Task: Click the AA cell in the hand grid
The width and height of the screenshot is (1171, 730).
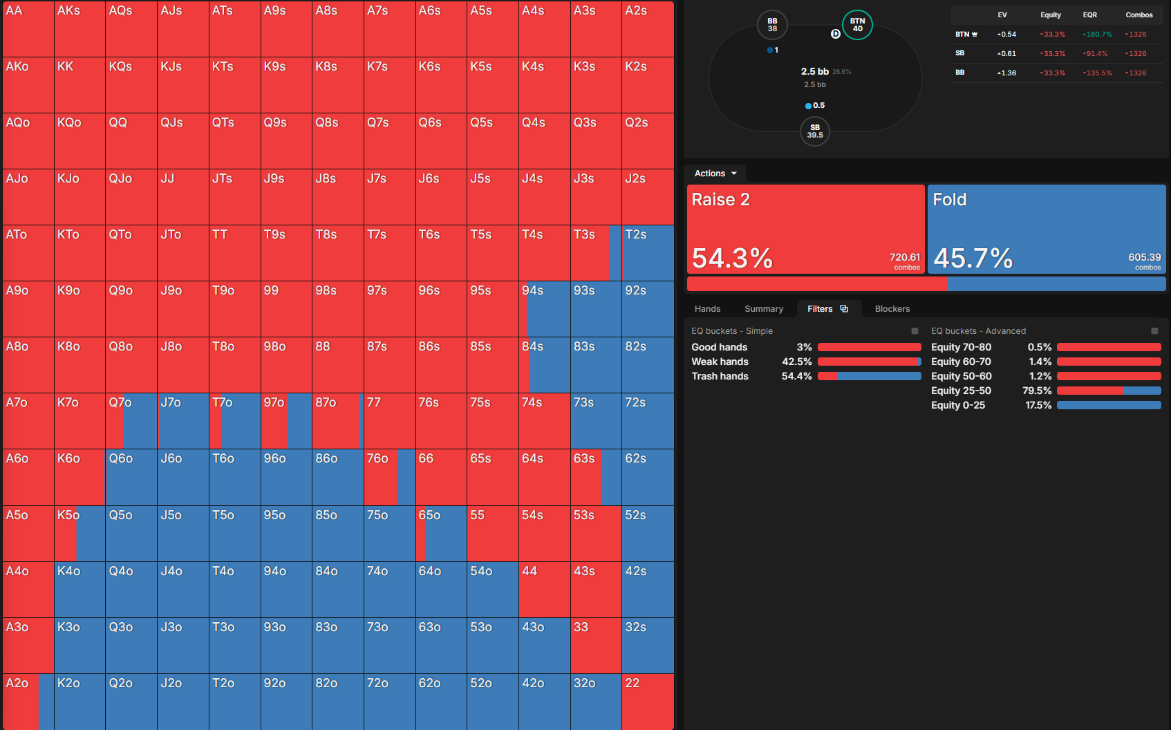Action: coord(28,29)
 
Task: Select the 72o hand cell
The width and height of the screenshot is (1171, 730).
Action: coord(389,702)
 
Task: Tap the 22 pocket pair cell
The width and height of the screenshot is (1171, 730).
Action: coord(648,702)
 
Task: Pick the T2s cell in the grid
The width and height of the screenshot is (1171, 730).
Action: coord(648,253)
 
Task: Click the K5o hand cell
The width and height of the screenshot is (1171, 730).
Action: coord(79,534)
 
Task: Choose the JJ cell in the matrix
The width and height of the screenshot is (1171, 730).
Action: coord(183,197)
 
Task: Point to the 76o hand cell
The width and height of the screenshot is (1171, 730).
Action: coord(389,477)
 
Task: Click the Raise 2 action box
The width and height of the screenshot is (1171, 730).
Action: coord(805,229)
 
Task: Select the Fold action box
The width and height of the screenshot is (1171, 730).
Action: coord(1047,229)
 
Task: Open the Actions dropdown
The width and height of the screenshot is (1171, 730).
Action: coord(715,173)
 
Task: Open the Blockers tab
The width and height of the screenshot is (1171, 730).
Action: coord(892,309)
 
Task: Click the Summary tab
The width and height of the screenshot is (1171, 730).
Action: coord(764,309)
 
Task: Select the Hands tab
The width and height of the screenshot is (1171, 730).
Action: coord(707,309)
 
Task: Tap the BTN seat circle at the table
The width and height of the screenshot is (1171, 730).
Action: coord(857,25)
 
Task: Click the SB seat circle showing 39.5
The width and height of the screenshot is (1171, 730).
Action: coord(814,131)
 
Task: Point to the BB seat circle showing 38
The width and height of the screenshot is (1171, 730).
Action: coord(772,25)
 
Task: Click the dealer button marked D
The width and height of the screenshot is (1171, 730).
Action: coord(835,34)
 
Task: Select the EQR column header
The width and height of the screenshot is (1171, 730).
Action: coord(1089,15)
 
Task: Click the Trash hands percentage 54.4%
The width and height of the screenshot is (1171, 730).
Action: coord(796,376)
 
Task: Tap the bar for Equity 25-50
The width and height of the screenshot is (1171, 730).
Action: coord(1109,391)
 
